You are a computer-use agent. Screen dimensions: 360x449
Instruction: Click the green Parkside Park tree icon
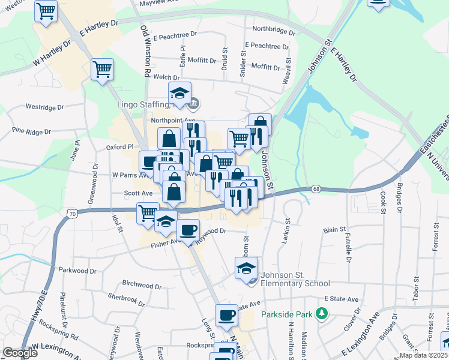[322, 313]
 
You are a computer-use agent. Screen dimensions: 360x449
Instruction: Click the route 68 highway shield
[316, 189]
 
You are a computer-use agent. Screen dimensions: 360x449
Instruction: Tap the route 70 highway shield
[72, 214]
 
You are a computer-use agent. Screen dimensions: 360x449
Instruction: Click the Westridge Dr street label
[44, 107]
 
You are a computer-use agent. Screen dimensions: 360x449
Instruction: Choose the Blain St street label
[334, 229]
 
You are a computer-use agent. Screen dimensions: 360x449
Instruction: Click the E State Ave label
[341, 299]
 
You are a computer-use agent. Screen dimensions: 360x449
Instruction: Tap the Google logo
[20, 353]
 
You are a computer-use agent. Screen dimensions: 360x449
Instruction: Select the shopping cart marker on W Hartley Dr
[103, 70]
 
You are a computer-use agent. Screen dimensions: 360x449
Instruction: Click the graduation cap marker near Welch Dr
[179, 94]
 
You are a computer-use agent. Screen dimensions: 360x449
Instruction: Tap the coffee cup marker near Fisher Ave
[188, 231]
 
